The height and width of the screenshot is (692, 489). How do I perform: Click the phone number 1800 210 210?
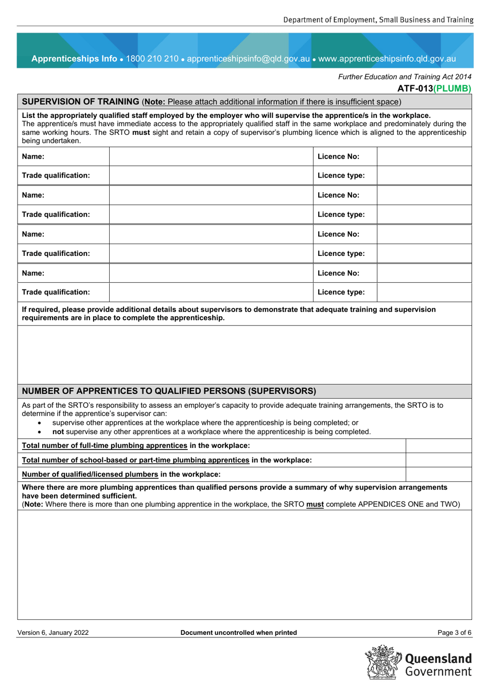coord(152,59)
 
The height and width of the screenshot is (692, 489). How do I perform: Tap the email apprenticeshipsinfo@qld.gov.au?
coord(248,59)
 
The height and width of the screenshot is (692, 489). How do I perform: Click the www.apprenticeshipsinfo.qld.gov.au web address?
coord(387,59)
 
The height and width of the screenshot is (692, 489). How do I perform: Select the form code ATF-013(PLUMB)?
coord(434,89)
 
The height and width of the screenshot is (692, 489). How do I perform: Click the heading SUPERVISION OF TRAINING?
coord(80,102)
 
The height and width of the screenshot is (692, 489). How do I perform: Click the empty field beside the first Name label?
coord(211,157)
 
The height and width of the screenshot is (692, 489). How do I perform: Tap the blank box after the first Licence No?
coord(424,157)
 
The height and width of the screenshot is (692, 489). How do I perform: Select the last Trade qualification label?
coord(56,292)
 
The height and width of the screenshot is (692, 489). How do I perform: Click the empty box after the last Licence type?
coord(424,292)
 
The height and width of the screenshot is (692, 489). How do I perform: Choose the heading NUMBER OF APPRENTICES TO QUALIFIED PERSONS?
coord(169,391)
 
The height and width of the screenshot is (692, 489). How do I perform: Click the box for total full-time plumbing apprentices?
coord(439,446)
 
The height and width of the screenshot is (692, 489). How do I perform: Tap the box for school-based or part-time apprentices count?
coord(439,460)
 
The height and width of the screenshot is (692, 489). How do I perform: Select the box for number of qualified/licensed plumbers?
coord(439,474)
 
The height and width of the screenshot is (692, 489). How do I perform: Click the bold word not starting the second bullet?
coord(58,432)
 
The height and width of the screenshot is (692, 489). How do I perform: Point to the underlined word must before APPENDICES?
coord(315,505)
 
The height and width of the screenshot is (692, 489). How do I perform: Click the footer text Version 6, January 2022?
coord(53,633)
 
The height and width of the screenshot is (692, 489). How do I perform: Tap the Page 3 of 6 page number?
coord(454,633)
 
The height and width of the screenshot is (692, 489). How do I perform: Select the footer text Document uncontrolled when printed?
coord(238,633)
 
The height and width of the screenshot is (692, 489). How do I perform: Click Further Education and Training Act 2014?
coord(405,77)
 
